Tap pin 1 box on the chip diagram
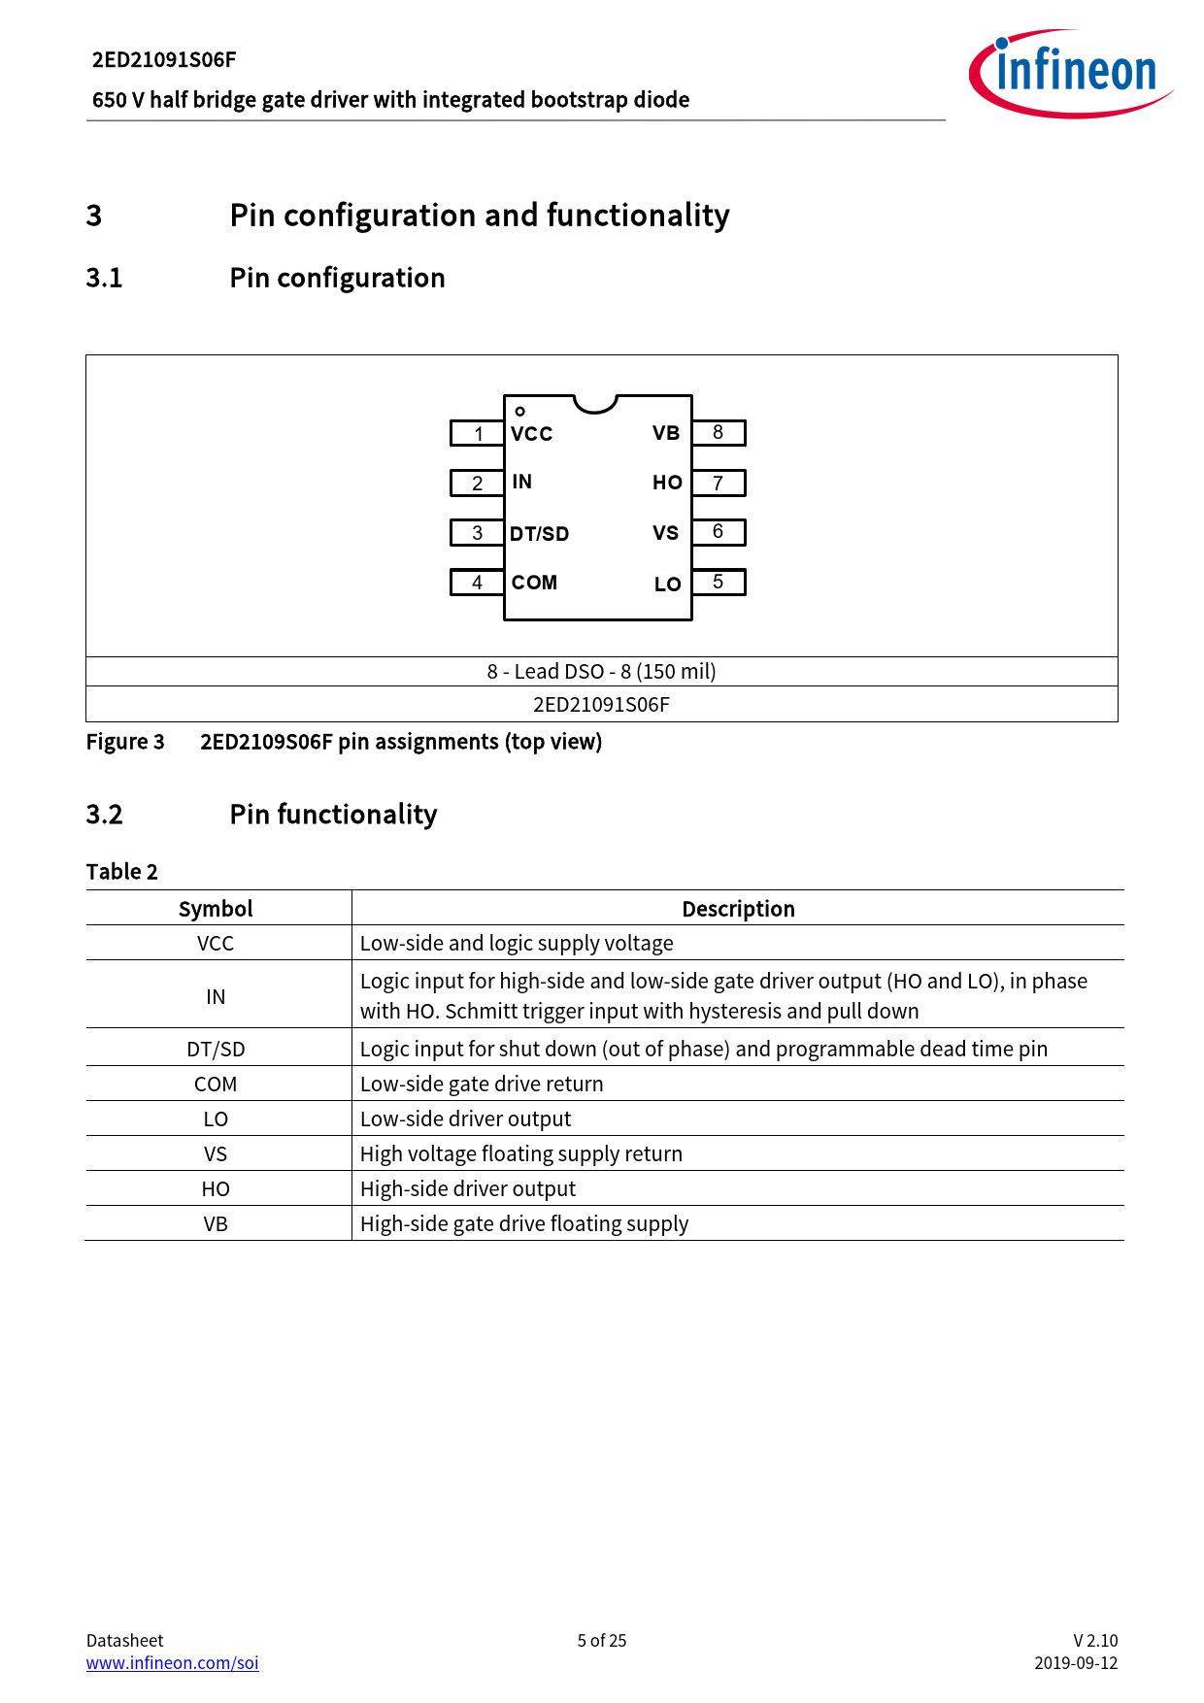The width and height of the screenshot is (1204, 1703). pyautogui.click(x=477, y=433)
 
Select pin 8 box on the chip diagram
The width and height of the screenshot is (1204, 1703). pyautogui.click(x=719, y=432)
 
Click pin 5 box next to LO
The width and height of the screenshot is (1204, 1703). pyautogui.click(x=719, y=582)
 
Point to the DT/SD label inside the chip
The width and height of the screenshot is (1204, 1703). pyautogui.click(x=539, y=534)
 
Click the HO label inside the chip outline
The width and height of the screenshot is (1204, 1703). pyautogui.click(x=667, y=483)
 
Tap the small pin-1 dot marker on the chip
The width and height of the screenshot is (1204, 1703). pyautogui.click(x=520, y=412)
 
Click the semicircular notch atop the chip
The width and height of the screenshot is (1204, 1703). pyautogui.click(x=595, y=403)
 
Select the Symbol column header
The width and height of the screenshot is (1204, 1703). pyautogui.click(x=216, y=909)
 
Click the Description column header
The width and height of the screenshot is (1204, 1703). pyautogui.click(x=738, y=909)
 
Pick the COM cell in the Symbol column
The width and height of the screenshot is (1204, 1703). pyautogui.click(x=216, y=1084)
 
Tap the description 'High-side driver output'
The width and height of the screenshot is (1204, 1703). pyautogui.click(x=468, y=1188)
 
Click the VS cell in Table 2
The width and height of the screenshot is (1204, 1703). pyautogui.click(x=216, y=1153)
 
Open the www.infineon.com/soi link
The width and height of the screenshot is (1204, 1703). pyautogui.click(x=173, y=1662)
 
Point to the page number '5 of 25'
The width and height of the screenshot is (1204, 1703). pyautogui.click(x=602, y=1640)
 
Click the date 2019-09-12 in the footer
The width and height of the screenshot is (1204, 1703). pyautogui.click(x=1076, y=1662)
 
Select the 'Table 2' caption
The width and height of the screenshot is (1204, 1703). pyautogui.click(x=122, y=871)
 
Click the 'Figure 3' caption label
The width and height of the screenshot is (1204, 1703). pyautogui.click(x=125, y=742)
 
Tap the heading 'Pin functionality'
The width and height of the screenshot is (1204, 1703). pyautogui.click(x=333, y=814)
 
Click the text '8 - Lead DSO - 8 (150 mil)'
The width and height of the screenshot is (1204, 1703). pyautogui.click(x=602, y=671)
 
